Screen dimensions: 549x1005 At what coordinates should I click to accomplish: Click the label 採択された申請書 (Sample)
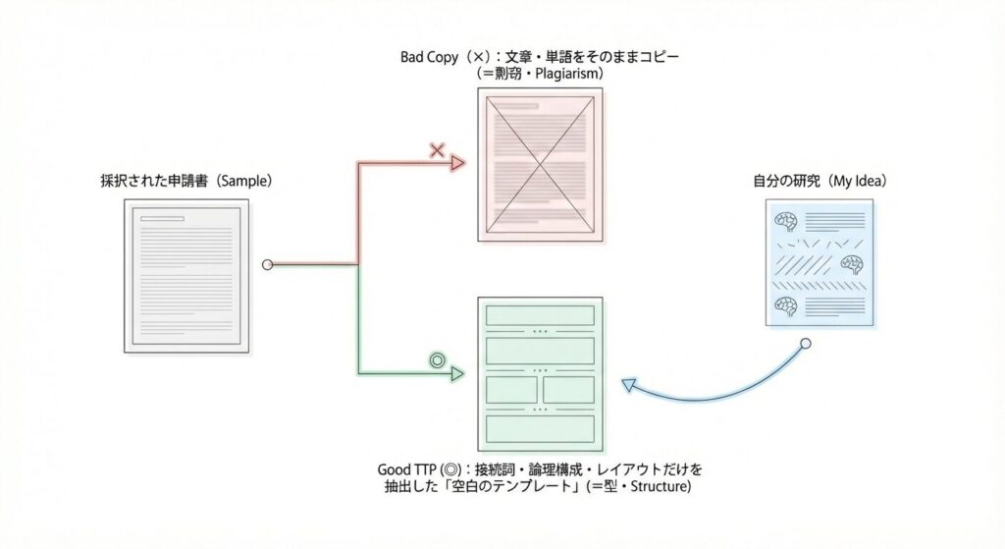(185, 182)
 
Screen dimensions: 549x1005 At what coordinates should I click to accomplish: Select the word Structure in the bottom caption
(656, 487)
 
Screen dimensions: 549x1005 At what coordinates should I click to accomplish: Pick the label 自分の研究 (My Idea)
(819, 182)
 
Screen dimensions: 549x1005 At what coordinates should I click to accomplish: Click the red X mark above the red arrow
(438, 150)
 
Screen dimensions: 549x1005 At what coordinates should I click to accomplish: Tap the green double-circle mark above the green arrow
(437, 359)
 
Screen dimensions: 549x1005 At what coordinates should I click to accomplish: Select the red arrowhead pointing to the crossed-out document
(457, 164)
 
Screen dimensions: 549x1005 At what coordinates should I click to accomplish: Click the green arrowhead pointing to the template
(456, 374)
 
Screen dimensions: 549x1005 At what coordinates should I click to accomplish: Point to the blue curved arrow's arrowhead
(628, 385)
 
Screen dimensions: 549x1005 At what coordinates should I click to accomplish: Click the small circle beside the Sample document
(266, 264)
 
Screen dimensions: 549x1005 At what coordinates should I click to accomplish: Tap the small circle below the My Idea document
(805, 344)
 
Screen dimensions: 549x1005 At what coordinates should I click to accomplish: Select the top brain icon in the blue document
(784, 221)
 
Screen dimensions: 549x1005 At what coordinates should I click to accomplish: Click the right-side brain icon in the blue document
(851, 263)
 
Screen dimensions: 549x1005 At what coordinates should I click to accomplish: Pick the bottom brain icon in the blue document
(784, 305)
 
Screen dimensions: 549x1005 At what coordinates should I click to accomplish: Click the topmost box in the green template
(539, 315)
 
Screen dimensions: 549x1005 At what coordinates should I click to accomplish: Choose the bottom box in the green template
(539, 428)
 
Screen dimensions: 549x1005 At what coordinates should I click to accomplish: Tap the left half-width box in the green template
(509, 389)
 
